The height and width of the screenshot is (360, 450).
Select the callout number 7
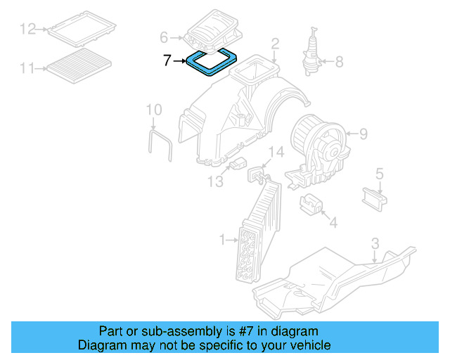click(167, 61)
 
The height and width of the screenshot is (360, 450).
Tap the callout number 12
click(27, 29)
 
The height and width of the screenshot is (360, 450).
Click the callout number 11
click(27, 68)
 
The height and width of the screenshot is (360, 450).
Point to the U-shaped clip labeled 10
click(160, 144)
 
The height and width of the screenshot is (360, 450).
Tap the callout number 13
click(214, 182)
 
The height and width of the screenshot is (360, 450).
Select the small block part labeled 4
click(311, 205)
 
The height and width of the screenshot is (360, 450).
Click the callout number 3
click(375, 243)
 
